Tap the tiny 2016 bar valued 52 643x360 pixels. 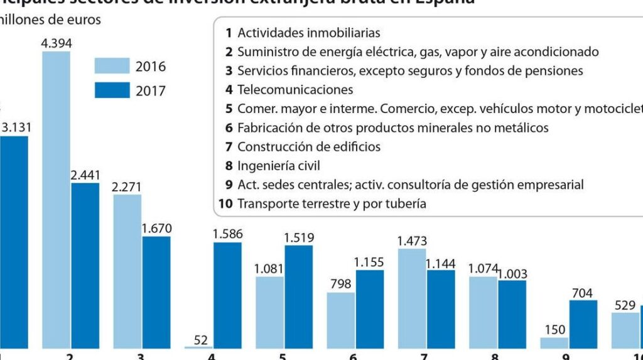pos(199,347)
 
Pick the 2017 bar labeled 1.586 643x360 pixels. pos(227,295)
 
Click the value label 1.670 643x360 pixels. pos(156,227)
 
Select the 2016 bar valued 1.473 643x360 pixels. pos(412,298)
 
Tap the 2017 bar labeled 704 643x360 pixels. pos(583,324)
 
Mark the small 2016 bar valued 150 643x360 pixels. pos(554,342)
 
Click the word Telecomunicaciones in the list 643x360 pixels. pos(295,90)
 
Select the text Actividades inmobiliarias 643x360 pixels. pos(309,33)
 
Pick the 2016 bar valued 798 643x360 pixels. pos(340,320)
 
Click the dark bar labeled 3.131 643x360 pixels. pos(14,242)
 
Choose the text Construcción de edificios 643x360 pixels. pos(309,147)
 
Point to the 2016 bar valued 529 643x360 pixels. pos(625,330)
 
